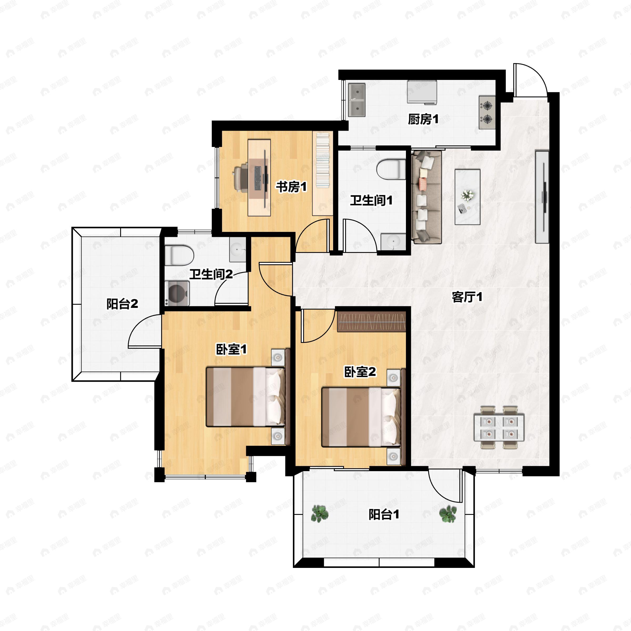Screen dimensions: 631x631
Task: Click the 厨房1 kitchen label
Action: pos(423,120)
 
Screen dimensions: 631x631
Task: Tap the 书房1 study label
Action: pos(291,187)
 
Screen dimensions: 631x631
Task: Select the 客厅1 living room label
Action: pos(467,297)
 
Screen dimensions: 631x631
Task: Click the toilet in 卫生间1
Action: pos(391,169)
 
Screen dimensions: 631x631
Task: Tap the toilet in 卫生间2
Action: pos(179,255)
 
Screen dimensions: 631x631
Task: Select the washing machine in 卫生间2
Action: pos(177,293)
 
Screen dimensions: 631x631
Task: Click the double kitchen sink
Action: pos(357,100)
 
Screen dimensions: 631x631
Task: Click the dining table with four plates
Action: pos(499,427)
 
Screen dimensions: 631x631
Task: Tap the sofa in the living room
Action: pos(426,197)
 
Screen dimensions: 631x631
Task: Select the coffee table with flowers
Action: pos(467,197)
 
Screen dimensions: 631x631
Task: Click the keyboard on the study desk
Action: pos(258,178)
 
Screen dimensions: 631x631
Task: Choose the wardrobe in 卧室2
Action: pos(371,322)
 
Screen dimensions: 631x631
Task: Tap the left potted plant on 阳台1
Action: pos(319,514)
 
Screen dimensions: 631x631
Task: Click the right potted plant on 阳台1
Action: pos(448,514)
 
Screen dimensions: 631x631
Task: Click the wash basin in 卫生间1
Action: pos(393,242)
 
